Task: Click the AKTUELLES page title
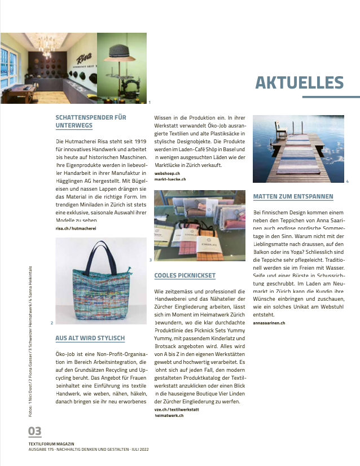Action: click(x=299, y=82)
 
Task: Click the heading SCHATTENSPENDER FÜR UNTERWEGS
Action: click(x=91, y=122)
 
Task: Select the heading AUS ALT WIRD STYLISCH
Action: click(x=90, y=338)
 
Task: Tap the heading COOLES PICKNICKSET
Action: click(x=185, y=275)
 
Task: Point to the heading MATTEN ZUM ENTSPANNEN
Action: click(x=293, y=197)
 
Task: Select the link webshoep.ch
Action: click(x=167, y=173)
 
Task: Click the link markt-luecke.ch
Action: click(x=170, y=179)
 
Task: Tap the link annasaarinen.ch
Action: click(x=269, y=322)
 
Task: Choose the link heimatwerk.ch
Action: click(x=170, y=415)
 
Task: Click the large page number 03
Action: click(x=35, y=432)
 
